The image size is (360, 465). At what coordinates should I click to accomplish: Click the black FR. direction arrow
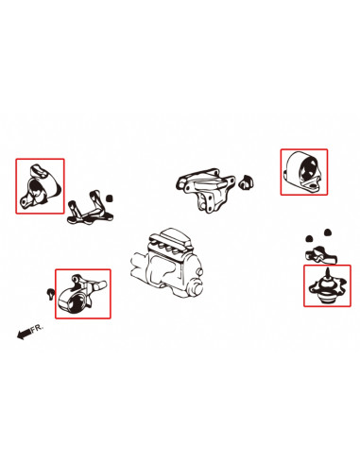24,334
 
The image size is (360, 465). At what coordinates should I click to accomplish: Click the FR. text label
37,328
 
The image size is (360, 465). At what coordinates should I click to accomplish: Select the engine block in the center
167,263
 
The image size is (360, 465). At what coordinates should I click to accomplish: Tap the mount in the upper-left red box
40,187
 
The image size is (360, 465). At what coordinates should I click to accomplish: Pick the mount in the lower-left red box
82,294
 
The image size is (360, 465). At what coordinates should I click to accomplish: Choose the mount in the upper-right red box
303,172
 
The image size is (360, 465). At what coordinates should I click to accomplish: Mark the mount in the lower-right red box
326,286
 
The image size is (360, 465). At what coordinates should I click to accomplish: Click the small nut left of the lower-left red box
50,293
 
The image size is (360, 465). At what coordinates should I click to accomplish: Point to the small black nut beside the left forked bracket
110,198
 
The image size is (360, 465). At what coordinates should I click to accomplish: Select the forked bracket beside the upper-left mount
89,209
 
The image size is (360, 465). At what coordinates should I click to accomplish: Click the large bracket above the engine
205,189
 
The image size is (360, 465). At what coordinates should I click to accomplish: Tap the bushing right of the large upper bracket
246,182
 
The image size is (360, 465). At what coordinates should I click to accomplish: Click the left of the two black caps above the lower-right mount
309,238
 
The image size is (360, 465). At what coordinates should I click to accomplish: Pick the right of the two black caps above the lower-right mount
328,232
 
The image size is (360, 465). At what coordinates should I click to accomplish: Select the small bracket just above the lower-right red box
320,255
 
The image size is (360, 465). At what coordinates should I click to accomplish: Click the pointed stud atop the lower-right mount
327,273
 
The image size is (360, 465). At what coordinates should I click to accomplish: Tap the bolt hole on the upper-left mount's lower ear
24,201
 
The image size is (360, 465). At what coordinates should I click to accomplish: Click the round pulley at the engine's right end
196,284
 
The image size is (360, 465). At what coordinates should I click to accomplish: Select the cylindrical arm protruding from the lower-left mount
98,285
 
